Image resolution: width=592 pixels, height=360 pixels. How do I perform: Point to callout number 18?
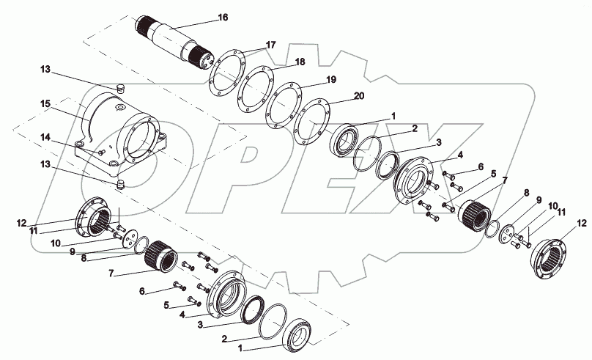[279, 63]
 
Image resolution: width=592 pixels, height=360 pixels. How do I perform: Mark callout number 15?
[45, 105]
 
